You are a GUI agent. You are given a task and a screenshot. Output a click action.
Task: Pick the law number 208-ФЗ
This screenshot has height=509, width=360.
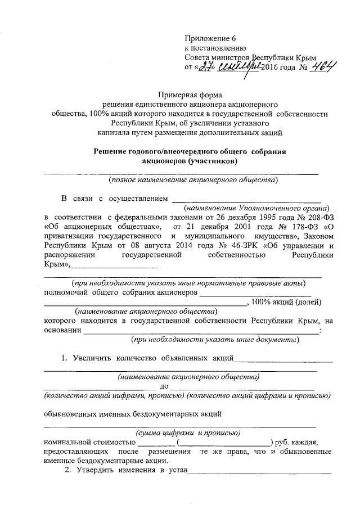308,216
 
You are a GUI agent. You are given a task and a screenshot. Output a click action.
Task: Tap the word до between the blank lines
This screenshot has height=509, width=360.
165,386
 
